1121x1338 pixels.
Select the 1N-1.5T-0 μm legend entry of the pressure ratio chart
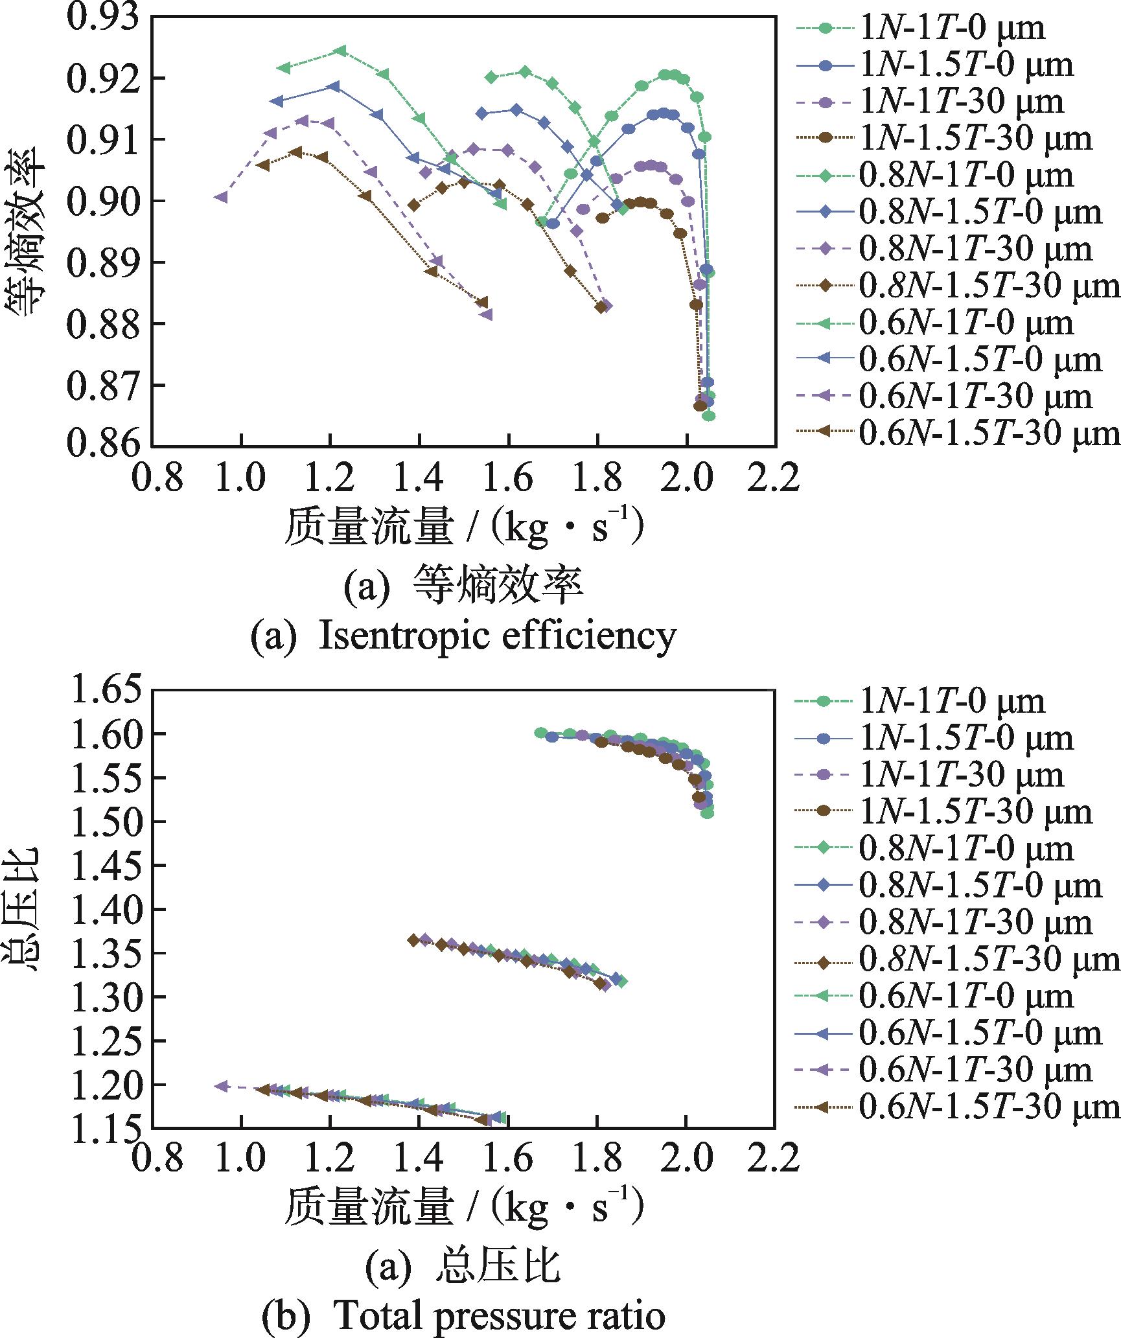tap(965, 738)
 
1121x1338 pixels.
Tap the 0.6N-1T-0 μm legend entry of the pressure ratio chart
tap(965, 996)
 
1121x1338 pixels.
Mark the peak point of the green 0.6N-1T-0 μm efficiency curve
tap(341, 51)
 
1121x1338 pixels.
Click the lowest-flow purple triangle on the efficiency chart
tap(222, 197)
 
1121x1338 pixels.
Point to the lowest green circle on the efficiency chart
tap(709, 416)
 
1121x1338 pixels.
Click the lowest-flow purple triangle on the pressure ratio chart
tap(222, 1085)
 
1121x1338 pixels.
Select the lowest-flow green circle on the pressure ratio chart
tap(540, 732)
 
